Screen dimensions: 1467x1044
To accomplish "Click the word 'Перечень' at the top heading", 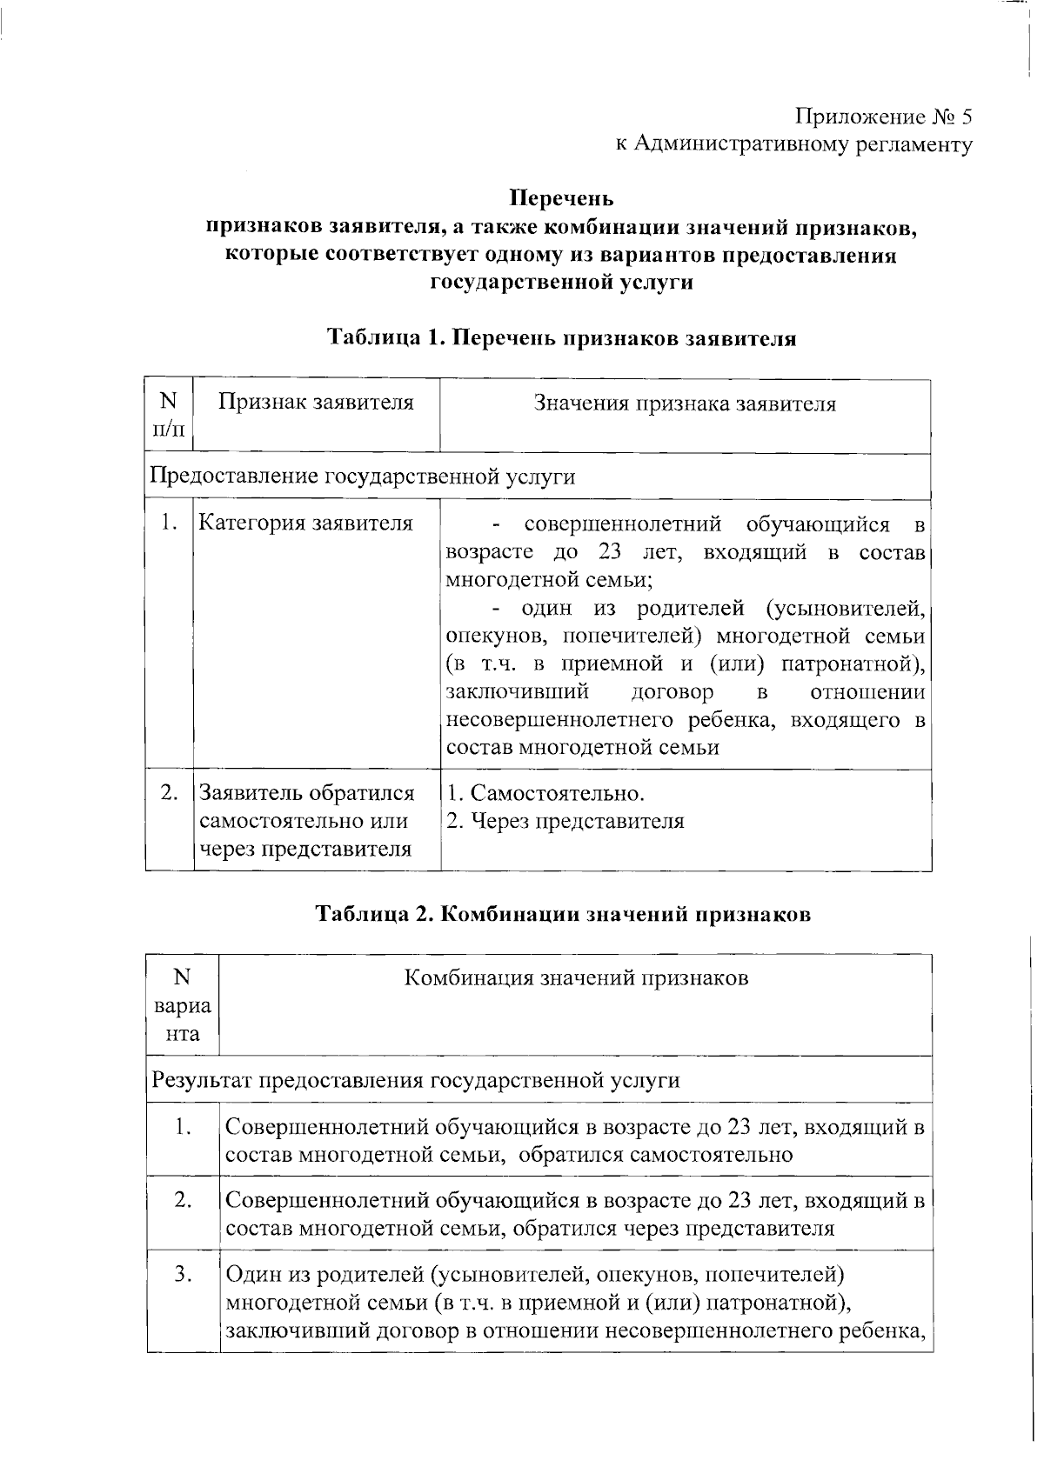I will click(x=561, y=198).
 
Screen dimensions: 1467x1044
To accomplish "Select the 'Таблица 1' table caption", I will click(x=561, y=338).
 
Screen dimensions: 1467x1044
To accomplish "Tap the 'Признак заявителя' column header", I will click(x=315, y=403).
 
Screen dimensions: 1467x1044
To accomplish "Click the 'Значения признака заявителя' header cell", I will click(x=685, y=404).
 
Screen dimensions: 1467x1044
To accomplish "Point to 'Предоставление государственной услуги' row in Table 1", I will click(x=363, y=477).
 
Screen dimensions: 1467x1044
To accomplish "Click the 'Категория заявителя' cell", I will click(x=306, y=523).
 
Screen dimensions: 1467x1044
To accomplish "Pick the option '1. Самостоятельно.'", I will click(x=545, y=793).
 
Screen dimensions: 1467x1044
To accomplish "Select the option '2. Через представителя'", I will click(x=565, y=821).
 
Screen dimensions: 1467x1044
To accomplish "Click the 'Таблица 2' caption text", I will click(x=563, y=915).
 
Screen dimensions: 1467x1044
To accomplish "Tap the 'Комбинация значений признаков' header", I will click(x=577, y=978).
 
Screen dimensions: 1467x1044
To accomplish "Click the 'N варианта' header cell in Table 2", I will click(x=182, y=1005).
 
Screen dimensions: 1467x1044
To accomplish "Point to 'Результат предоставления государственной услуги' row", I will click(x=415, y=1080).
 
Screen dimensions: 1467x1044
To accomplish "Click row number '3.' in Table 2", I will click(x=183, y=1275).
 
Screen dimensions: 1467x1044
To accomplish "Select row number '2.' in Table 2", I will click(x=183, y=1201).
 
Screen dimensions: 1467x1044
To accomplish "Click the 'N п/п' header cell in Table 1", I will click(x=168, y=415).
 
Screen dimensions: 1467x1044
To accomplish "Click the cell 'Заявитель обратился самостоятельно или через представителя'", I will click(x=307, y=821).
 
